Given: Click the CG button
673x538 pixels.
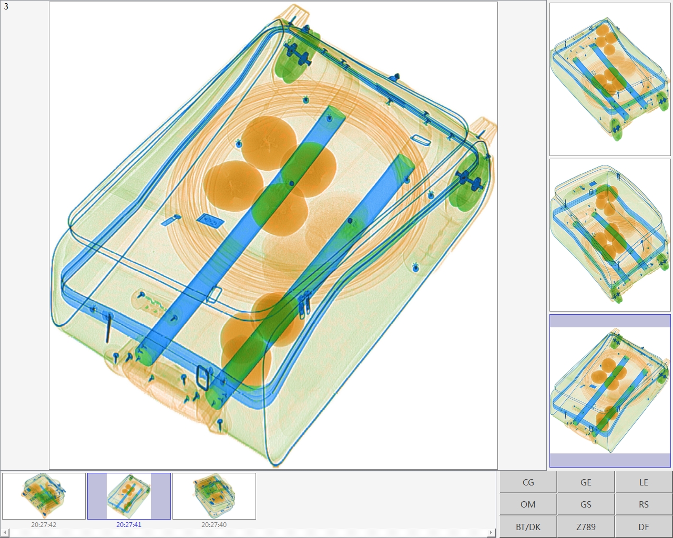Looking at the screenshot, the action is click(528, 482).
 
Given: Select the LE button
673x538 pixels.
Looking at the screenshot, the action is click(644, 482).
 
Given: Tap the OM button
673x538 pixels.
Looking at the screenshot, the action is click(528, 504).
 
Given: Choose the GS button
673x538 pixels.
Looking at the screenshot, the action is click(586, 504).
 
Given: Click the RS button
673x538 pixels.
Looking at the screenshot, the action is click(644, 504).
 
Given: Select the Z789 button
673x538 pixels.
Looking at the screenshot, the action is click(586, 527).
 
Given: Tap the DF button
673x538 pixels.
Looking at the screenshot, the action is click(644, 527).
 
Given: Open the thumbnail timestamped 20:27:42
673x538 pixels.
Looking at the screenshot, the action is click(44, 496).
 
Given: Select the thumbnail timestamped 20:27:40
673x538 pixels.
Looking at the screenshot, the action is click(214, 496).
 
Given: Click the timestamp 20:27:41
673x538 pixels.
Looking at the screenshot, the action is click(129, 524).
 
